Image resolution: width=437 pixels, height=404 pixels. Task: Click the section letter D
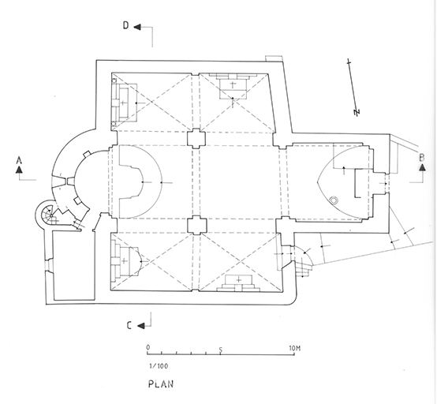tap(126, 26)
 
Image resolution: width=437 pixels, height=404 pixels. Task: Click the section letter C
tap(129, 325)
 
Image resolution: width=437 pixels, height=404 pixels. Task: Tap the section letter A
tap(19, 160)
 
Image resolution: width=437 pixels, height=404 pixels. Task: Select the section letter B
tap(422, 158)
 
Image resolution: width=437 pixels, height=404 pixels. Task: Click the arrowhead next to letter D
tap(137, 27)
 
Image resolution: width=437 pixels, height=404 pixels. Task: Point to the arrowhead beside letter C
tap(141, 325)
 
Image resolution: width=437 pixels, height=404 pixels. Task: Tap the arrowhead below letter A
tap(19, 170)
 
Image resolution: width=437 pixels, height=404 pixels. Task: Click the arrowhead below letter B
tap(423, 167)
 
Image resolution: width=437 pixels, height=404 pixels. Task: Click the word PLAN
tap(161, 384)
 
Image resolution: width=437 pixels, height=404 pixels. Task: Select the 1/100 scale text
tap(159, 366)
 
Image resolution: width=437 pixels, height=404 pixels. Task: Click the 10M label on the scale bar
tap(295, 348)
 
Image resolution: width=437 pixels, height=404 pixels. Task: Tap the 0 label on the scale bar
tap(148, 347)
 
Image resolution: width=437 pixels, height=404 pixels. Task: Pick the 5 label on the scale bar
tap(221, 350)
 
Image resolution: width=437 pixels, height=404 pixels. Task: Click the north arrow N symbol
tap(357, 112)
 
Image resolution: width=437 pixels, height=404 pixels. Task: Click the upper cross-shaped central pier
tap(196, 139)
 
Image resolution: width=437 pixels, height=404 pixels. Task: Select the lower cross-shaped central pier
tap(197, 226)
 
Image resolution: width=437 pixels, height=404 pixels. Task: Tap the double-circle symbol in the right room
tap(334, 200)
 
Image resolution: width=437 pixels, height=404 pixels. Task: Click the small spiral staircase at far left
tap(47, 215)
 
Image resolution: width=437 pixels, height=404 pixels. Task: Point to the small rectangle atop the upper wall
tap(275, 58)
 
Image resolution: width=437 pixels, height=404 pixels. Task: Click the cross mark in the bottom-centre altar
tap(238, 279)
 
